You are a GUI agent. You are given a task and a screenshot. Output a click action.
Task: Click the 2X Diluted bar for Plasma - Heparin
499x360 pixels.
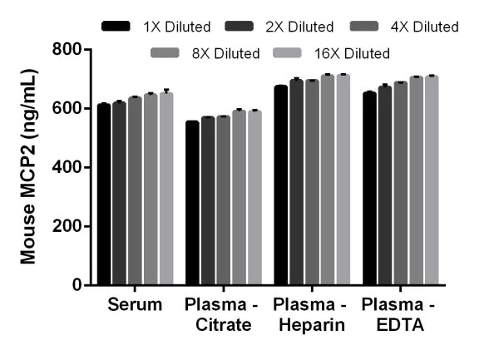[296, 182]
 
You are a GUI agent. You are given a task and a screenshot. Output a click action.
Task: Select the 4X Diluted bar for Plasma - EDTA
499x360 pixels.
[400, 184]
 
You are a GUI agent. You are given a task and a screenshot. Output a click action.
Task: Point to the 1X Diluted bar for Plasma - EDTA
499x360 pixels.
[369, 188]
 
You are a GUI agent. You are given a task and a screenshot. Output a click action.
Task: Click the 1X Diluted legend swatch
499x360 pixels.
[117, 27]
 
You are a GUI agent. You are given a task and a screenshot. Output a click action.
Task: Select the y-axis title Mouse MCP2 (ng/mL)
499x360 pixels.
[28, 166]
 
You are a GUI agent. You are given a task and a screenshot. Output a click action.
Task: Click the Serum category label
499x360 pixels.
[135, 305]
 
